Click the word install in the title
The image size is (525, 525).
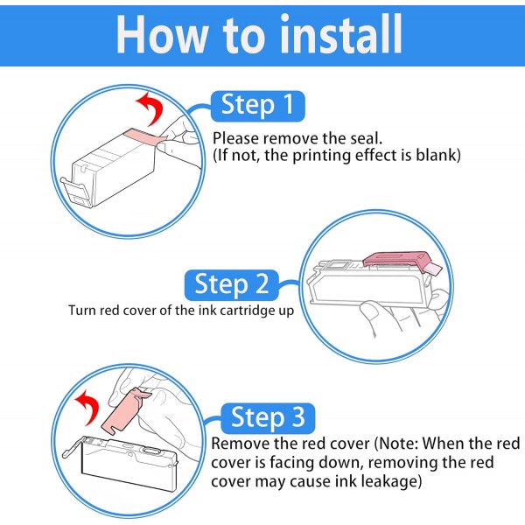[340, 33]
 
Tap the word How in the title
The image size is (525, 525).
[161, 35]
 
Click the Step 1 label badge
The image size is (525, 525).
[258, 106]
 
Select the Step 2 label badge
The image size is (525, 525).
[232, 284]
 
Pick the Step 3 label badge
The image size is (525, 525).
[268, 418]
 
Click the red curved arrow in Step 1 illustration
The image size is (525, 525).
[151, 108]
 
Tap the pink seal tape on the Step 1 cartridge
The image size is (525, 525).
[144, 137]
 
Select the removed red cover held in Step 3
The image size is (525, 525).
[124, 411]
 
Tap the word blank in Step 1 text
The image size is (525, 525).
[438, 155]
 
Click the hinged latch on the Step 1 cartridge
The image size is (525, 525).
[76, 192]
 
